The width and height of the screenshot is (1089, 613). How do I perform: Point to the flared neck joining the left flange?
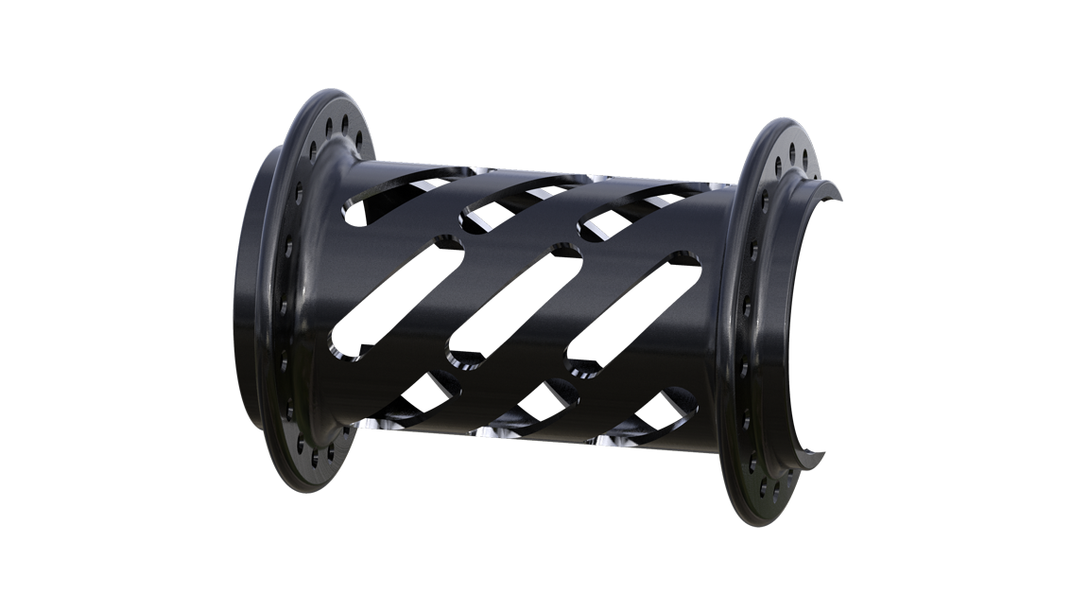pyautogui.click(x=321, y=284)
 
